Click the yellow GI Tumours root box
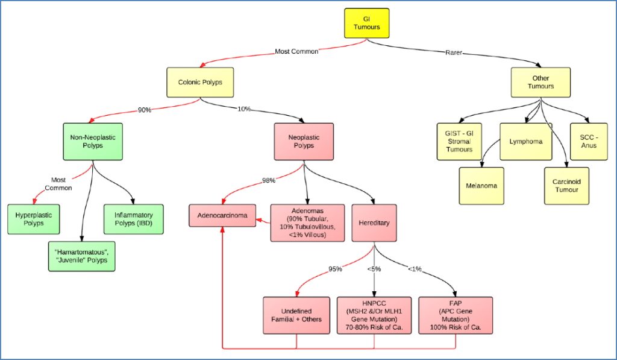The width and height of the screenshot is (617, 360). tap(366, 23)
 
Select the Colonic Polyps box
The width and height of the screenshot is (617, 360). tap(200, 82)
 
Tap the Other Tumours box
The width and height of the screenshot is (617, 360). tap(540, 82)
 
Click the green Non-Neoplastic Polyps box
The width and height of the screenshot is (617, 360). tap(92, 142)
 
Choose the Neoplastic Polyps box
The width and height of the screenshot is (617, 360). tap(304, 142)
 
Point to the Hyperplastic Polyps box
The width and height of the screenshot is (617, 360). tap(34, 219)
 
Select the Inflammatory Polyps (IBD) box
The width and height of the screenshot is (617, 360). tap(133, 219)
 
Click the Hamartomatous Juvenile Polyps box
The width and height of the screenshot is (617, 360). tap(81, 256)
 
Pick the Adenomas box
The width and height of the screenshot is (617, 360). tap(307, 223)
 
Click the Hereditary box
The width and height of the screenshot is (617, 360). tap(374, 223)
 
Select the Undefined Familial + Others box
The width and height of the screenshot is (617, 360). tap(296, 315)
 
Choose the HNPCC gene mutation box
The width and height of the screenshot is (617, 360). tap(374, 315)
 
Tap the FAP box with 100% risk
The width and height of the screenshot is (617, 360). tap(455, 315)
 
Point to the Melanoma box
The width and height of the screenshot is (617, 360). tap(481, 186)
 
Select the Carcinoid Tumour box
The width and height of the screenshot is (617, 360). tap(566, 186)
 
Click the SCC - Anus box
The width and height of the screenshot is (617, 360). tap(589, 142)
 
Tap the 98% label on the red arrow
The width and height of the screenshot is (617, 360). tap(269, 180)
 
